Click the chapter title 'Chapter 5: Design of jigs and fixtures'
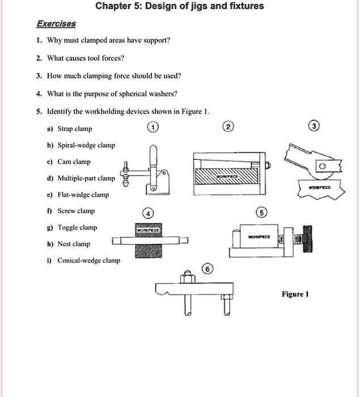point(179,7)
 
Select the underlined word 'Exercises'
point(56,24)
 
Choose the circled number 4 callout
point(148,214)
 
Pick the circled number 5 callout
point(261,213)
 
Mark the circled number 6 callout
point(208,268)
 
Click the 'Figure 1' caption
point(295,294)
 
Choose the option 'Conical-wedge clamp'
point(84,260)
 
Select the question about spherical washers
point(108,94)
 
